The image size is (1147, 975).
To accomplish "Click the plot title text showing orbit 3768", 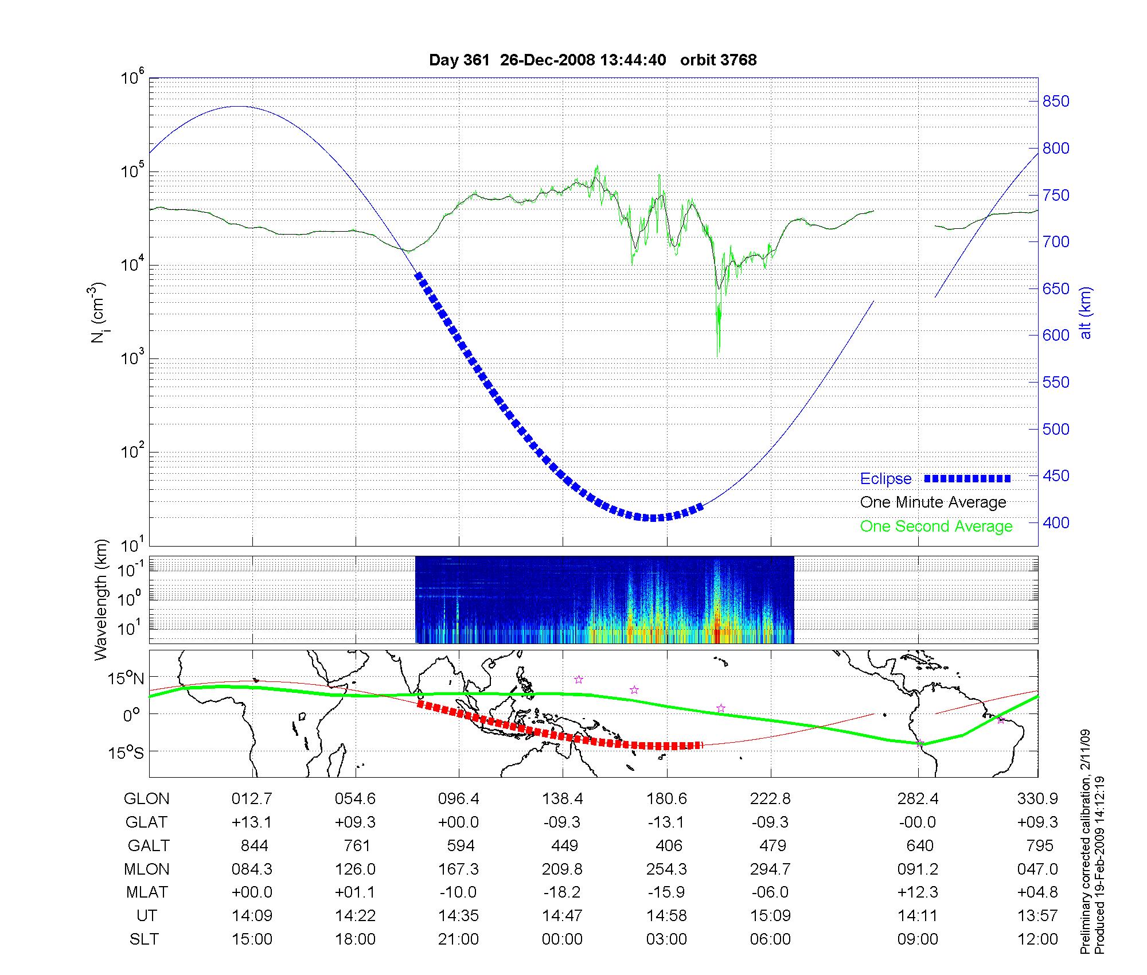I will click(x=592, y=60).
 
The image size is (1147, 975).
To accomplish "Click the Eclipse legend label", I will click(x=885, y=479).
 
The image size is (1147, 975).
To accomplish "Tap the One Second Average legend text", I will click(x=936, y=526).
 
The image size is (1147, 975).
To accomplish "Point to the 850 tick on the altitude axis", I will click(x=1055, y=102).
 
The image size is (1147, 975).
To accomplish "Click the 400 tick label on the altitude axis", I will click(x=1055, y=523).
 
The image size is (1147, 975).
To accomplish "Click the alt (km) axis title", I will click(x=1085, y=313).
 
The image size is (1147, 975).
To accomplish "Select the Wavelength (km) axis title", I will click(x=101, y=599).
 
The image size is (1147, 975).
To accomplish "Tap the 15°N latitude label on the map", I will click(x=127, y=678).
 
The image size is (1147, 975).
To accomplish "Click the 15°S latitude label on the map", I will click(x=127, y=752).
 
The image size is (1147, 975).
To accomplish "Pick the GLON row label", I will click(x=147, y=799).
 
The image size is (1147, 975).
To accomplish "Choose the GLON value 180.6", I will click(x=666, y=799).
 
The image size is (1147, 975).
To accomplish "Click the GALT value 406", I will click(x=669, y=846).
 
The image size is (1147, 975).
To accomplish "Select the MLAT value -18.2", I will click(x=562, y=892).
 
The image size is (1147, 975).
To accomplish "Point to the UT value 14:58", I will click(x=666, y=916).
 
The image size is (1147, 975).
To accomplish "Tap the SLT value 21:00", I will click(x=459, y=939).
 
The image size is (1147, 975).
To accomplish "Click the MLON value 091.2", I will click(x=918, y=869).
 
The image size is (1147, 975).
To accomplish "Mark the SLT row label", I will click(x=143, y=939).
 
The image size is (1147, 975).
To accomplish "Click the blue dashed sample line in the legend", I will click(x=967, y=478).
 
